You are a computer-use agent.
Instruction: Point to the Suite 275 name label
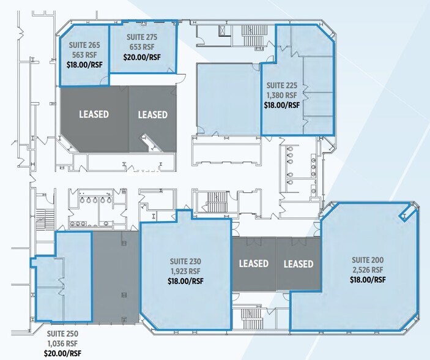pyautogui.click(x=142, y=37)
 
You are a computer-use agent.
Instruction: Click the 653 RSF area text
pyautogui.click(x=142, y=47)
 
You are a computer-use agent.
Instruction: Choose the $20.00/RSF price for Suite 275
pyautogui.click(x=142, y=57)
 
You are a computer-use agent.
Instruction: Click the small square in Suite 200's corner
pyautogui.click(x=403, y=216)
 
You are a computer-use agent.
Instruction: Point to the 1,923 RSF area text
pyautogui.click(x=186, y=271)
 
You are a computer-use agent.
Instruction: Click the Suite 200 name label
pyautogui.click(x=368, y=260)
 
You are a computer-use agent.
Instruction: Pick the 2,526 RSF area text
pyautogui.click(x=368, y=270)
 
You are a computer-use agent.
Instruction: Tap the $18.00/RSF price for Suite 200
pyautogui.click(x=368, y=280)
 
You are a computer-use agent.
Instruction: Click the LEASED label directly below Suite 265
pyautogui.click(x=94, y=114)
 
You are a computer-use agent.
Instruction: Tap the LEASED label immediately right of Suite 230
pyautogui.click(x=253, y=264)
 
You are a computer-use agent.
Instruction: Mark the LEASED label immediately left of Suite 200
pyautogui.click(x=298, y=264)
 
